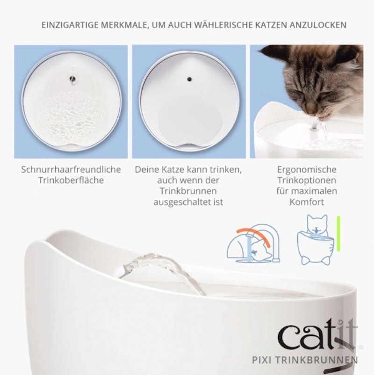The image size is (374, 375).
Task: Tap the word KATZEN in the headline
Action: tap(271, 25)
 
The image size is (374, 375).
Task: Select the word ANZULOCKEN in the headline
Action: tap(318, 25)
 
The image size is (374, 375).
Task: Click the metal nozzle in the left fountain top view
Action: tap(72, 79)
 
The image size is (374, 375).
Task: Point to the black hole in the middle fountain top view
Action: tap(189, 79)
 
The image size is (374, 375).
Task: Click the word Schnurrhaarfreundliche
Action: tap(71, 170)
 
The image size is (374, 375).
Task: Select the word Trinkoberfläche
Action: tap(71, 180)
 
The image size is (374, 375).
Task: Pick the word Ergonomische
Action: tap(307, 170)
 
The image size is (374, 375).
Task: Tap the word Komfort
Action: tap(307, 202)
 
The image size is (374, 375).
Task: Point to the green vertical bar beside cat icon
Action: tap(338, 234)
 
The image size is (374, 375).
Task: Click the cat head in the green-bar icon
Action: tap(317, 224)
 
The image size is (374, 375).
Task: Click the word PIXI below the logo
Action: tap(262, 360)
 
